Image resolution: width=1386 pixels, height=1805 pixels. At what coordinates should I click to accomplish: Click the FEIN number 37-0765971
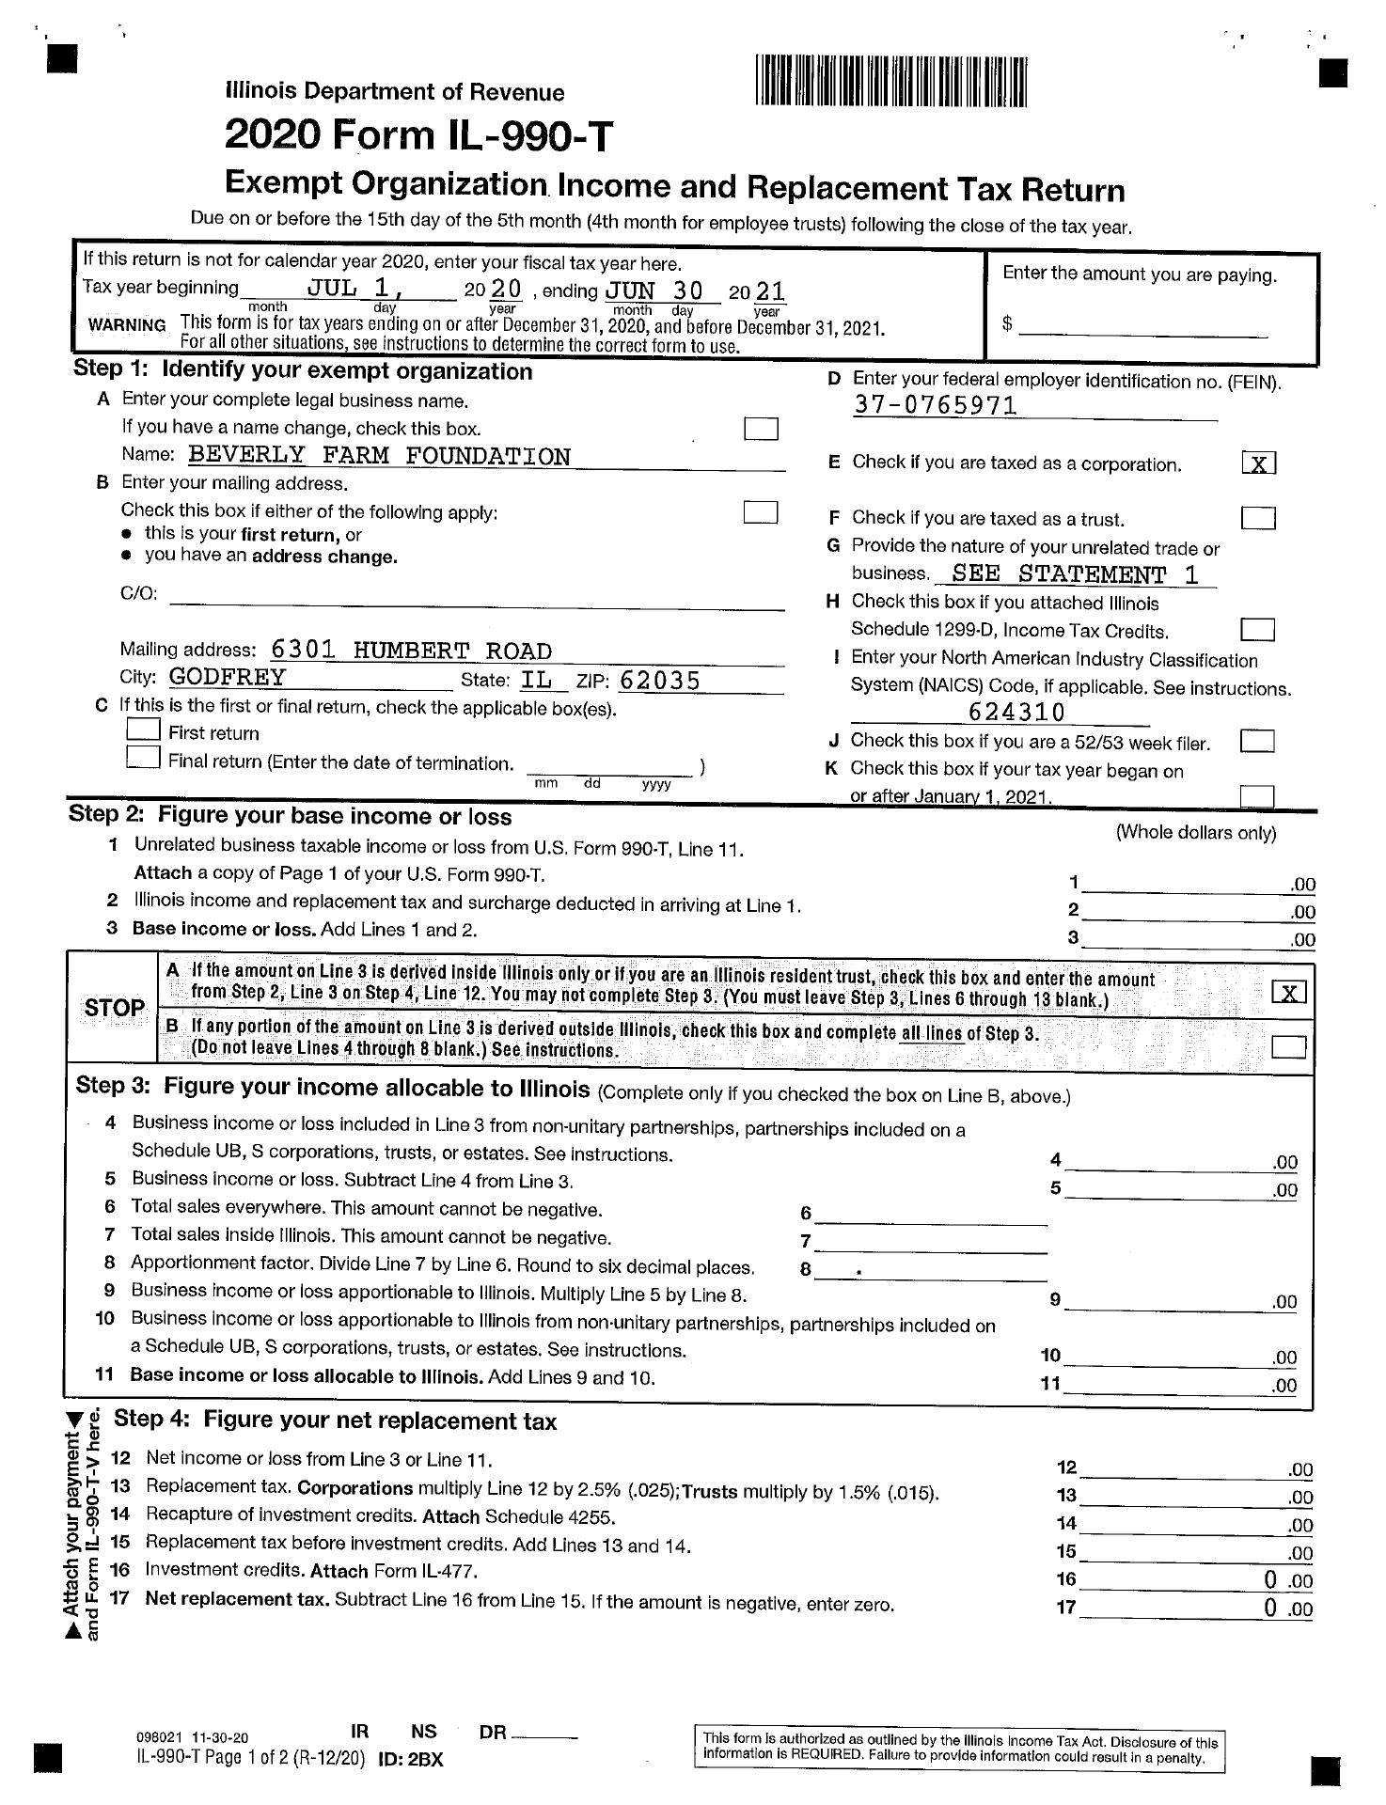click(936, 406)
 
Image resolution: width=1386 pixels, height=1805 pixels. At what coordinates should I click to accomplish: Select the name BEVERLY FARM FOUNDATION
click(379, 457)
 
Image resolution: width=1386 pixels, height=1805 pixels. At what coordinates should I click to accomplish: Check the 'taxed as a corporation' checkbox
click(1258, 463)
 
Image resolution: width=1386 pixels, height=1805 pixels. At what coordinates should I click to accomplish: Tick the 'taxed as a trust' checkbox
click(1258, 518)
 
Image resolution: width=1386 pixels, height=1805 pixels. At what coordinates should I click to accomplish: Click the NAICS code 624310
click(1016, 713)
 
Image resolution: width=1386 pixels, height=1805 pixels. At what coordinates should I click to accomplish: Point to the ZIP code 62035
click(660, 680)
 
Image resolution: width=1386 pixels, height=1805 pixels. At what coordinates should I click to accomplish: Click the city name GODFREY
click(228, 678)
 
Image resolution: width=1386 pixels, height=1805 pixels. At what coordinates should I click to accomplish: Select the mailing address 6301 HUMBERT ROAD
click(411, 651)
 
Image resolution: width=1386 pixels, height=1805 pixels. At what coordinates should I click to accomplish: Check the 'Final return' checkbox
click(142, 759)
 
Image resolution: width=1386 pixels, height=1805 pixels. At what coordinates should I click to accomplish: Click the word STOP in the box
click(114, 1008)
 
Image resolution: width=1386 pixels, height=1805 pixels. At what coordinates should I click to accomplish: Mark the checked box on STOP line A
click(1287, 993)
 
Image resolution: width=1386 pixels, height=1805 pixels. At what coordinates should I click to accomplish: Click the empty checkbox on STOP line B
click(1287, 1046)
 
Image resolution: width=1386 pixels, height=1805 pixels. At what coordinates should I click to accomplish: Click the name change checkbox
click(761, 429)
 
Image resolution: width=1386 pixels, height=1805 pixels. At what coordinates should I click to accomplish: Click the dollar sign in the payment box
click(1007, 324)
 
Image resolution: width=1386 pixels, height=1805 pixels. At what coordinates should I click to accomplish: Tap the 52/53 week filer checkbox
click(1257, 742)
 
